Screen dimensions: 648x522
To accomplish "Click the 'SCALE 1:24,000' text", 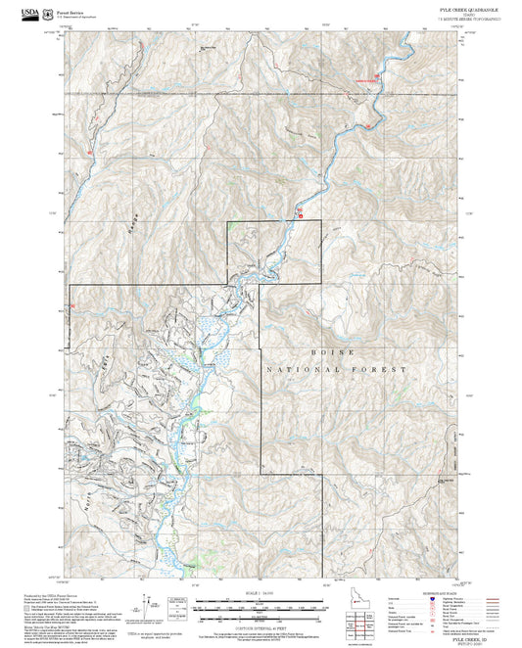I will tap(261, 593).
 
